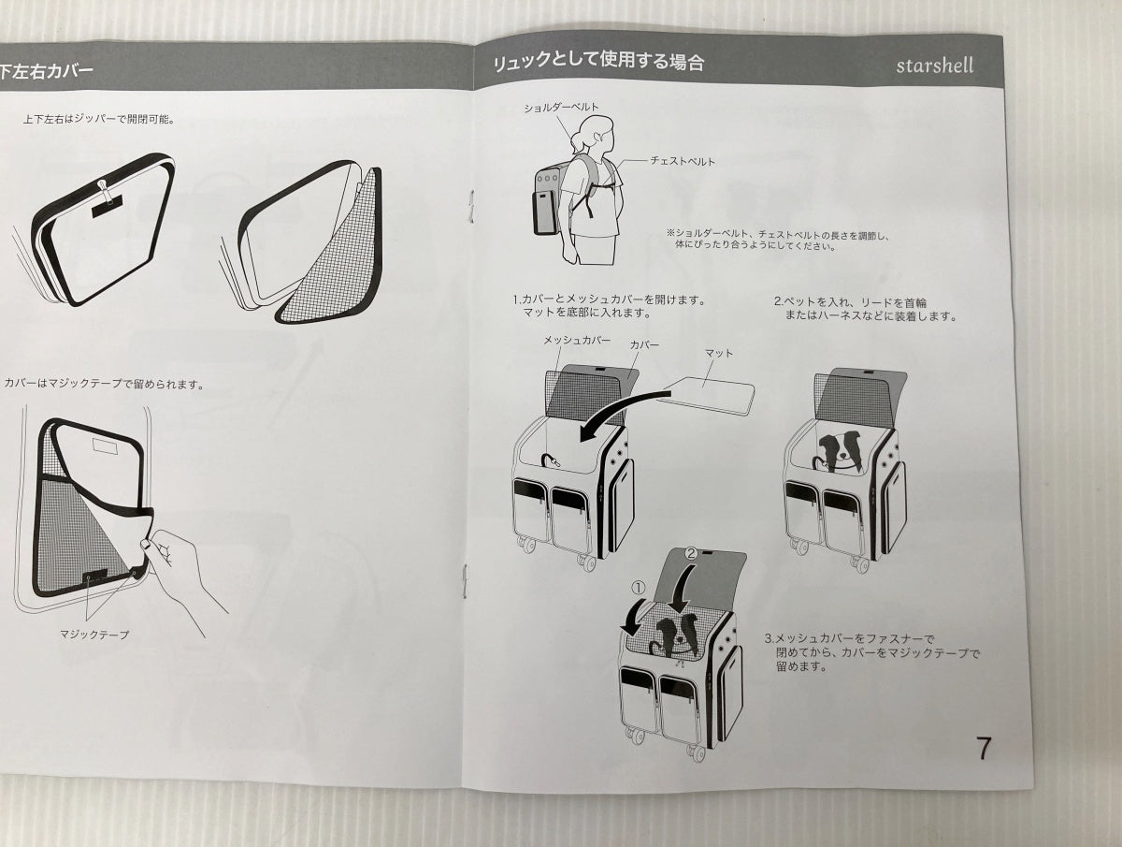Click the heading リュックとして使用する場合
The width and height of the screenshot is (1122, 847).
pyautogui.click(x=599, y=62)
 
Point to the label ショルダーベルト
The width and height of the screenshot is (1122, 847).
pyautogui.click(x=561, y=108)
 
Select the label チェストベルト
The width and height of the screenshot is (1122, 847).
pyautogui.click(x=683, y=161)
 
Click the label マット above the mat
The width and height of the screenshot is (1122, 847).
pyautogui.click(x=719, y=353)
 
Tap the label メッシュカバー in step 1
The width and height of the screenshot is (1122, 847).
pyautogui.click(x=577, y=340)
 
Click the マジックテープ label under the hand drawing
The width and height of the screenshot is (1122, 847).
pyautogui.click(x=94, y=635)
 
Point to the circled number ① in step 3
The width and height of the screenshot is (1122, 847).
pyautogui.click(x=639, y=588)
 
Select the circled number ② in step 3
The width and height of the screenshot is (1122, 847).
pyautogui.click(x=691, y=553)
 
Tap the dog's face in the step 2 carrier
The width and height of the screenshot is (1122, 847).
pyautogui.click(x=839, y=449)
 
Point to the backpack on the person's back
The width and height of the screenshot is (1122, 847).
pyautogui.click(x=551, y=200)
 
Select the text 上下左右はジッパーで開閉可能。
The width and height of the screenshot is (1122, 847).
pyautogui.click(x=99, y=120)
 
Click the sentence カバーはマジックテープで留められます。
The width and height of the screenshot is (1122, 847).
pyautogui.click(x=104, y=384)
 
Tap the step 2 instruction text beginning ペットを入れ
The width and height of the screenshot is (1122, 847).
pyautogui.click(x=864, y=309)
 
